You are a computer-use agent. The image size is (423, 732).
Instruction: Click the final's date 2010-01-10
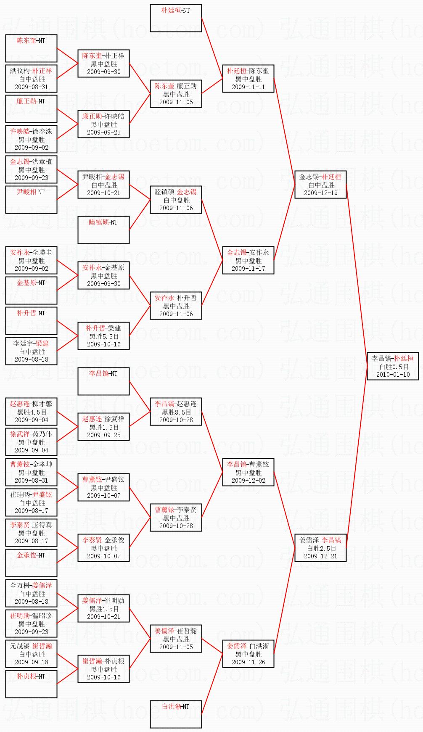point(393,374)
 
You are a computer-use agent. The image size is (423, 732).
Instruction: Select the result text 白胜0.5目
point(393,366)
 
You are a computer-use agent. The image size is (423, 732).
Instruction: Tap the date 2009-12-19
point(320,193)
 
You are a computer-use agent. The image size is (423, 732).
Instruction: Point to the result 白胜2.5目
point(320,548)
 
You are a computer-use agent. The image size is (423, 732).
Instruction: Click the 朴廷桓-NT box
point(176,18)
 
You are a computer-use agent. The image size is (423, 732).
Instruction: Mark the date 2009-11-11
point(248,87)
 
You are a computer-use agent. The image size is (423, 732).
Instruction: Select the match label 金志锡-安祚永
point(248,253)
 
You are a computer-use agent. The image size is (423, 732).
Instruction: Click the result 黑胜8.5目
point(176,412)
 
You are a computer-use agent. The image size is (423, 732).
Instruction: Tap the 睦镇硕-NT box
point(103,230)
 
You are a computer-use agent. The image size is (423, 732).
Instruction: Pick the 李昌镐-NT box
point(103,381)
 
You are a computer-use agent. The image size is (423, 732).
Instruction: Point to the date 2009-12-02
point(248,481)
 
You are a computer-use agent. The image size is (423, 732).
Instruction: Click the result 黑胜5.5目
point(103,336)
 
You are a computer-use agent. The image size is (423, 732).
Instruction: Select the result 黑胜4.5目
point(32,412)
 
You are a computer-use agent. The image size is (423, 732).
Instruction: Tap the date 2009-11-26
point(248,662)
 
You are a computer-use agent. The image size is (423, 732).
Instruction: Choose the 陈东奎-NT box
point(32,48)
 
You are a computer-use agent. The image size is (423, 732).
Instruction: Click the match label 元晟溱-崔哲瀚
point(32,646)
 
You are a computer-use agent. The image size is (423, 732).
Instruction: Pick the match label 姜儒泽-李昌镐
point(320,540)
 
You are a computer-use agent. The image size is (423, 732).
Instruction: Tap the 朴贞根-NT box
point(32,684)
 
